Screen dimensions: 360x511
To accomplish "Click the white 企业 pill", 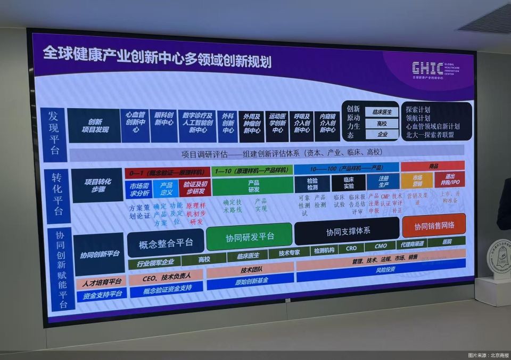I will click(x=382, y=134).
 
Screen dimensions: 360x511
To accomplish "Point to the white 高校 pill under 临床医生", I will click(x=382, y=124).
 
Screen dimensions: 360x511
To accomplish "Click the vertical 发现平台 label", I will click(x=54, y=133).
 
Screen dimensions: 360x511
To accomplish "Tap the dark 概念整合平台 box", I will click(x=165, y=244).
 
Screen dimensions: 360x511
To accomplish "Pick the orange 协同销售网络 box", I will click(x=433, y=225).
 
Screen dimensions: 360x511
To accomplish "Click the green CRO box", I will click(x=351, y=248).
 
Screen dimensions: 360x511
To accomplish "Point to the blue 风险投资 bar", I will click(x=381, y=271).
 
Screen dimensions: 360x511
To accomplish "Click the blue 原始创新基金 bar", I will click(x=251, y=280).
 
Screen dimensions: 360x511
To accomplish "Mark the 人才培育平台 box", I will click(x=101, y=282).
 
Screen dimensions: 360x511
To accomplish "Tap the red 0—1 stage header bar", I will click(x=167, y=173).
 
